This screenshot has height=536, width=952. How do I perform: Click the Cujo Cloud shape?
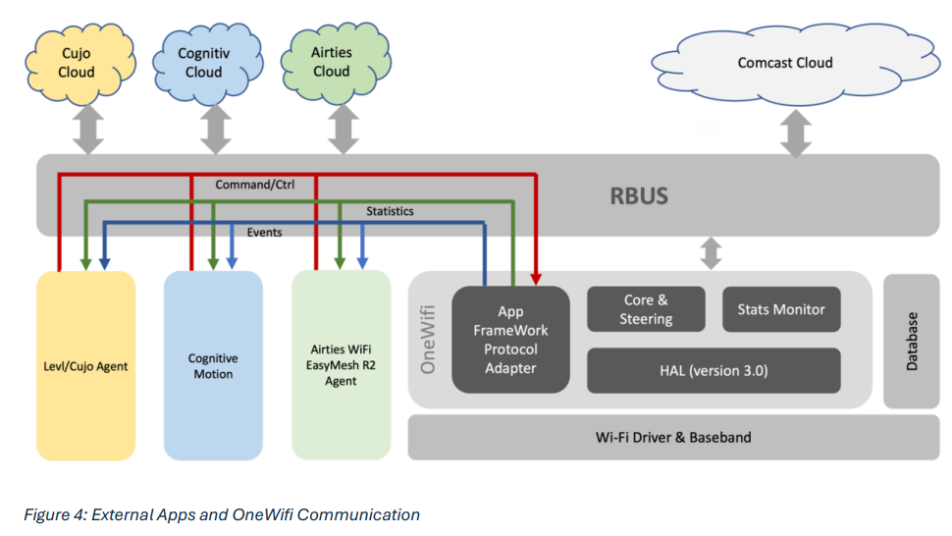click(77, 63)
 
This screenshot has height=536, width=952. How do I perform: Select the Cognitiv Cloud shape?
click(204, 63)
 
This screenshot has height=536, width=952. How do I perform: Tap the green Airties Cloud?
click(332, 62)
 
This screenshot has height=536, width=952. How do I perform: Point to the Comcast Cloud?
click(785, 63)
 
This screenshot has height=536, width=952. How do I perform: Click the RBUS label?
click(639, 196)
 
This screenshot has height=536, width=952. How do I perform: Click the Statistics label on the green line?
click(390, 211)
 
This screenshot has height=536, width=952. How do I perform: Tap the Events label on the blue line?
click(265, 233)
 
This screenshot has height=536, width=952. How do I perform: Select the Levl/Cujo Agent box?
click(85, 366)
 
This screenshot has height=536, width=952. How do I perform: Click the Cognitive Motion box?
click(213, 366)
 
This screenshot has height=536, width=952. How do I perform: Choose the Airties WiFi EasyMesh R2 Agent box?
click(341, 366)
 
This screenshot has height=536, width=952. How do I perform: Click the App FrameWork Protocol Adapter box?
click(510, 340)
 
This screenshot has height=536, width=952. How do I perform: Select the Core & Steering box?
click(646, 309)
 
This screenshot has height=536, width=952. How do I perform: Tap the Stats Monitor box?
click(781, 309)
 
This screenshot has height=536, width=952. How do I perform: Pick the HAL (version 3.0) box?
click(714, 370)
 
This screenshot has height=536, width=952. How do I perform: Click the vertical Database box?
click(912, 341)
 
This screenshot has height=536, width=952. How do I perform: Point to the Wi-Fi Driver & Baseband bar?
click(674, 437)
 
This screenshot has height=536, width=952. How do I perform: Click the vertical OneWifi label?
click(428, 340)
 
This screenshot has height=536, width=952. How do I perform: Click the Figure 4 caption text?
click(223, 514)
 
